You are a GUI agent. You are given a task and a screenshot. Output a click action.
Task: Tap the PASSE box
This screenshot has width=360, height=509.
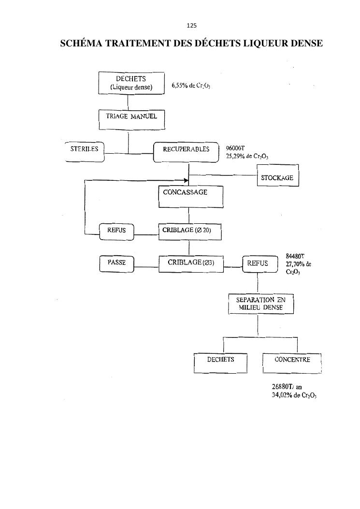point(116,264)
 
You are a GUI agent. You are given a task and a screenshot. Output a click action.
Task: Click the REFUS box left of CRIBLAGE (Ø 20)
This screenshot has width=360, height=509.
point(116,231)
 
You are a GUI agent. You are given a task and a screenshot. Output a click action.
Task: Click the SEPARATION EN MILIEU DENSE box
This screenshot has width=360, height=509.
point(260,304)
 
